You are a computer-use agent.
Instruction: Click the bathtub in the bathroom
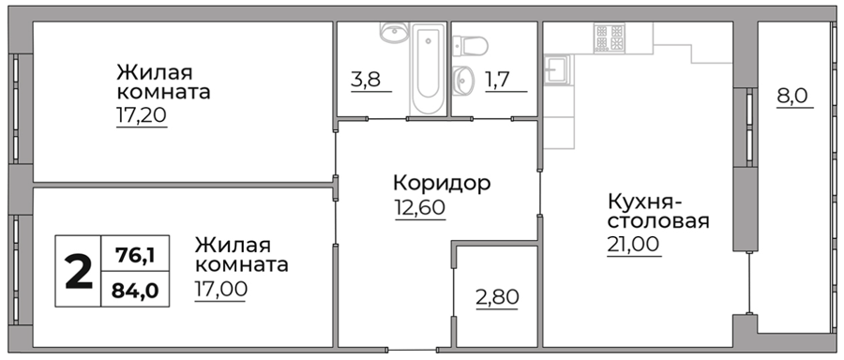point(428,68)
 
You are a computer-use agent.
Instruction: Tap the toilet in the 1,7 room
point(470,46)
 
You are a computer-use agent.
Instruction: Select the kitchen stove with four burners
point(610,37)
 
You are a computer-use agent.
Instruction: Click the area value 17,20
point(142,114)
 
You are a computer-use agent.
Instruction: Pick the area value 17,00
point(220,289)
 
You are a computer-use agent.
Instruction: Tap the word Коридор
point(442,183)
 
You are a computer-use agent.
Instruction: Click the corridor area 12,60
point(420,207)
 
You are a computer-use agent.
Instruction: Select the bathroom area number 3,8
point(366,80)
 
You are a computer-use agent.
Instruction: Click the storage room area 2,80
point(497,297)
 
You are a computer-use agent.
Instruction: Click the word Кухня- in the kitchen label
point(645,202)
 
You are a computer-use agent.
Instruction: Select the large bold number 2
point(79,271)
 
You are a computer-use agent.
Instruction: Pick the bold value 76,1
point(136,253)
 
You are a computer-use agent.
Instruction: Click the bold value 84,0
point(135,291)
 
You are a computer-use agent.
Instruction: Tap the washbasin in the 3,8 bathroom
point(394,32)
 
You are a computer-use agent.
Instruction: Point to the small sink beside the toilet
point(461,81)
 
